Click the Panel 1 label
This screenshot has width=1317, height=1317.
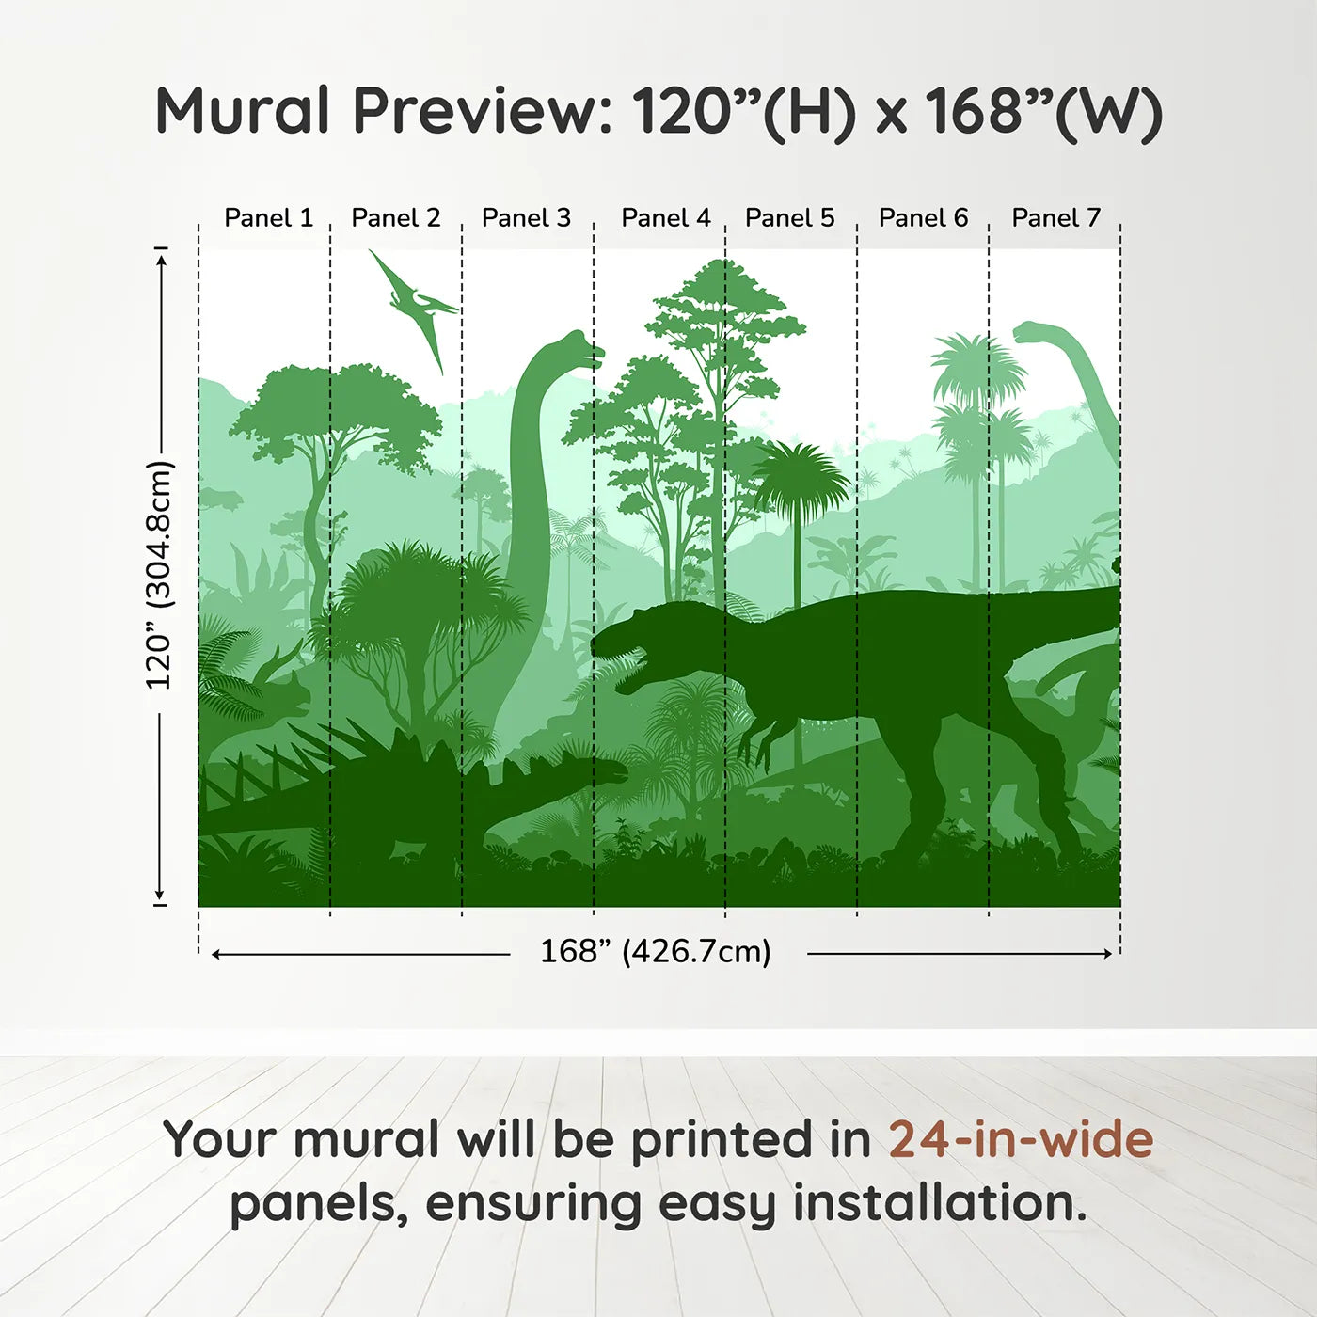(269, 218)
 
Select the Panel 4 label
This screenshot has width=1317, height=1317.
(666, 218)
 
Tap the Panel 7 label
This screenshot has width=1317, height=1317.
(1055, 218)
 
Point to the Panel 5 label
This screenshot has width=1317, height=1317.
(790, 218)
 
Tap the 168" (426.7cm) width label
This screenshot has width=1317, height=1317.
(656, 951)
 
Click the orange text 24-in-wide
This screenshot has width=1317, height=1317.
(1021, 1139)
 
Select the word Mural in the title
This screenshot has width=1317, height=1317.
(243, 111)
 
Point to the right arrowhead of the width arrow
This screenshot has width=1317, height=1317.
(1108, 954)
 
